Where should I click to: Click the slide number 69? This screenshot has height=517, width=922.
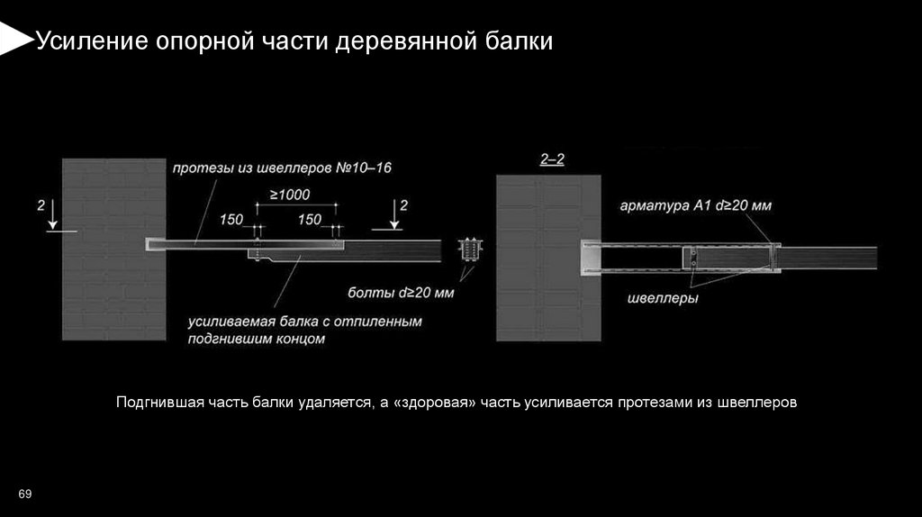(x=24, y=494)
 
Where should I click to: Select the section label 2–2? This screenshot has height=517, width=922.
(x=552, y=159)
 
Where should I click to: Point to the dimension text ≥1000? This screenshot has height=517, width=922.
(x=289, y=195)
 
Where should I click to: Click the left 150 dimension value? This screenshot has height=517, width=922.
(x=231, y=220)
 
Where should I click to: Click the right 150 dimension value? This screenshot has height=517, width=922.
(x=310, y=220)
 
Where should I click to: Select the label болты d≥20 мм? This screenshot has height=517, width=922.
(x=401, y=293)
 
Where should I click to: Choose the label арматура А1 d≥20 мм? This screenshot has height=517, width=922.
(x=695, y=206)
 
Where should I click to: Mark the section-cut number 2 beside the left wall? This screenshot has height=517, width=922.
(x=41, y=206)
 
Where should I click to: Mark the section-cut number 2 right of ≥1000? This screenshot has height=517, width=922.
(x=403, y=205)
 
